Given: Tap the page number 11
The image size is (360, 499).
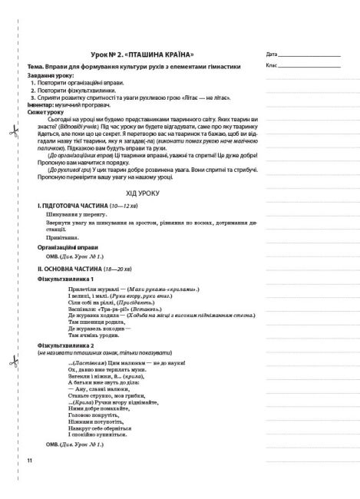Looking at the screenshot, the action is (x=29, y=481).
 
